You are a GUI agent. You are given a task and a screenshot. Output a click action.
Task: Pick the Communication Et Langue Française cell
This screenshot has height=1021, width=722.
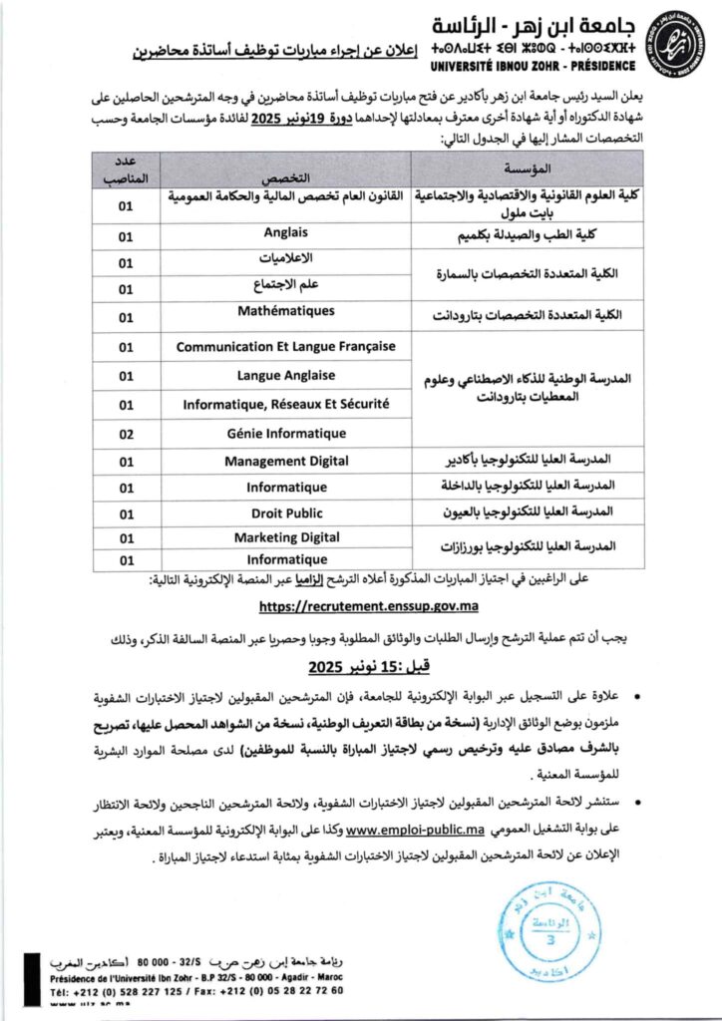[285, 347]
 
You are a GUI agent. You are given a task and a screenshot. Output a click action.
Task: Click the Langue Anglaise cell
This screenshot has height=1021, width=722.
[285, 376]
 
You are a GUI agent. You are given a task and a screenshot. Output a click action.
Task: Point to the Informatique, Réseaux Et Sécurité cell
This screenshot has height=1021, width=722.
[285, 404]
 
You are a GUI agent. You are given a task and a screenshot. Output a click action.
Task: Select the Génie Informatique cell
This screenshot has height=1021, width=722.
[285, 434]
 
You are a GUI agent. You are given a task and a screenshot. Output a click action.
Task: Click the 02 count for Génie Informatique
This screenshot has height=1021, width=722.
[126, 434]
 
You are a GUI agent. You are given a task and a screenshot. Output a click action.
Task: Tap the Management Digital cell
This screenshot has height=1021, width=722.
[285, 461]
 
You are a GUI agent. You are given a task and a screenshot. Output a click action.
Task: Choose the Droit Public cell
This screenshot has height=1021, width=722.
[285, 512]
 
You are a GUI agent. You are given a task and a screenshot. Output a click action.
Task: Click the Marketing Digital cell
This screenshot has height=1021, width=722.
[285, 537]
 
